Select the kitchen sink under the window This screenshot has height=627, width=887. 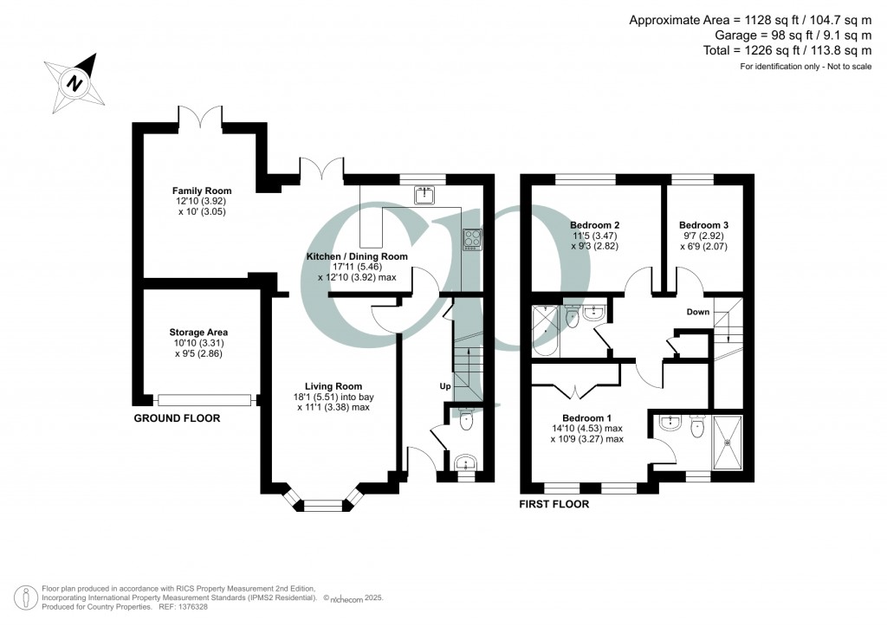point(424,196)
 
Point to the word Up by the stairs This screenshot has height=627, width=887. point(445,385)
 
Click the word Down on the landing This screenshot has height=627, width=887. point(699,312)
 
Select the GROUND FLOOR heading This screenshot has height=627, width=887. point(177,418)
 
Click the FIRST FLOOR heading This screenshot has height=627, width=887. point(554,504)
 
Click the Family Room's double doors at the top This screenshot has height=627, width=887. point(199,115)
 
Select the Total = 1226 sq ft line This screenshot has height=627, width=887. point(787,51)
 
